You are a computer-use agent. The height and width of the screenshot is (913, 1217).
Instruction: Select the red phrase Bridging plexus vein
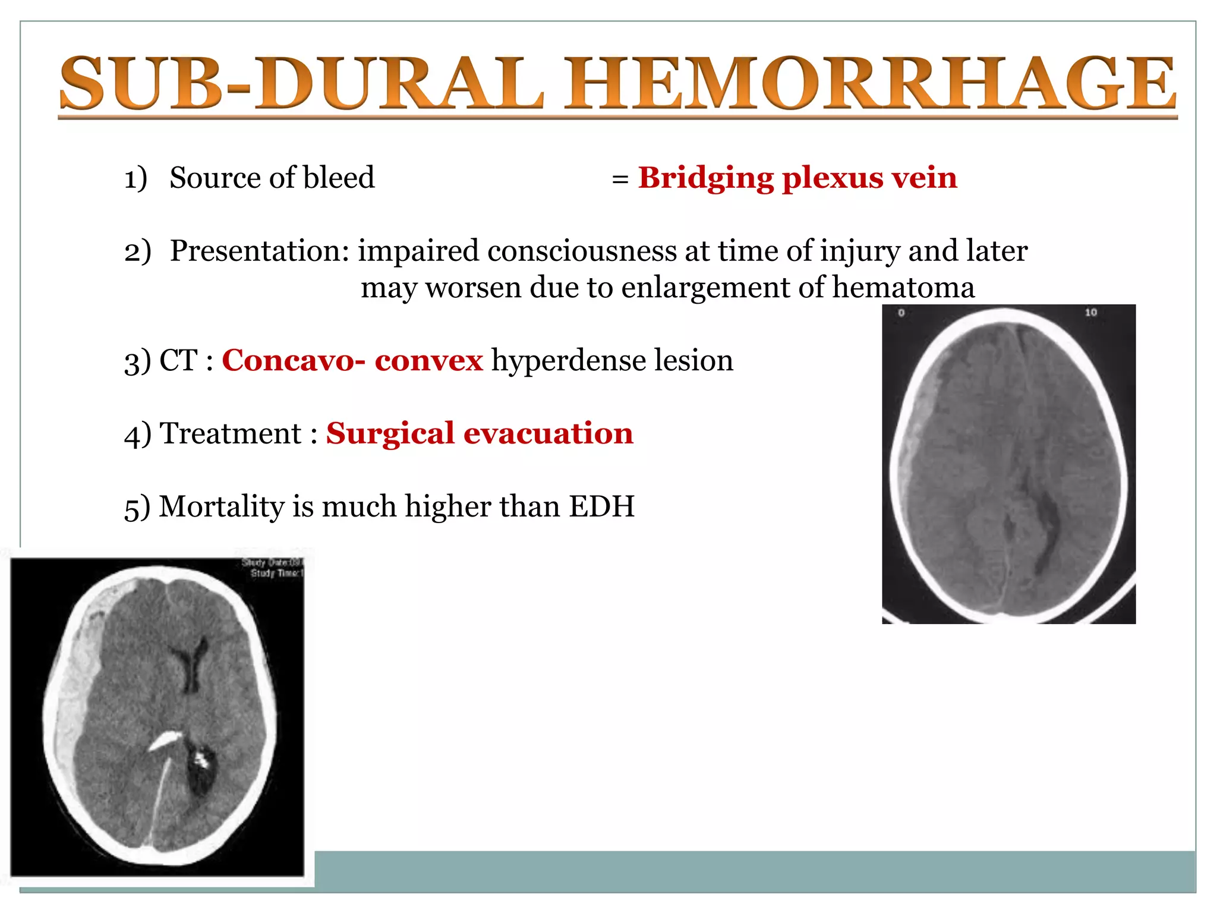[x=797, y=178]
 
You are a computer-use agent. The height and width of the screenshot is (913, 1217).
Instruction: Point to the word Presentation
[x=259, y=251]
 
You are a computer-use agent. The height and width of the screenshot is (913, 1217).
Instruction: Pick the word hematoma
[x=903, y=288]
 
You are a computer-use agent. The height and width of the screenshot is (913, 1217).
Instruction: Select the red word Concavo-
[x=293, y=360]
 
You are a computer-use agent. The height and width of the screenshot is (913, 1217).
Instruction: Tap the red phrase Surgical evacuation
[x=480, y=433]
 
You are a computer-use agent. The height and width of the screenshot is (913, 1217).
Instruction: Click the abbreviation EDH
[x=601, y=507]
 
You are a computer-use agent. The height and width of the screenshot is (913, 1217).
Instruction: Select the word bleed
[x=339, y=178]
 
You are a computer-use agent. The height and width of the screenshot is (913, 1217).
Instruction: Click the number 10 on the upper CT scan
[x=1090, y=313]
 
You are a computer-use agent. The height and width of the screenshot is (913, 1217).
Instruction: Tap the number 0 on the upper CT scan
[x=901, y=313]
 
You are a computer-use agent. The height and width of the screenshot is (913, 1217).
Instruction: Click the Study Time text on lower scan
[x=276, y=574]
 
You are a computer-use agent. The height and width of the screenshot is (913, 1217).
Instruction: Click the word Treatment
[x=231, y=433]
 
